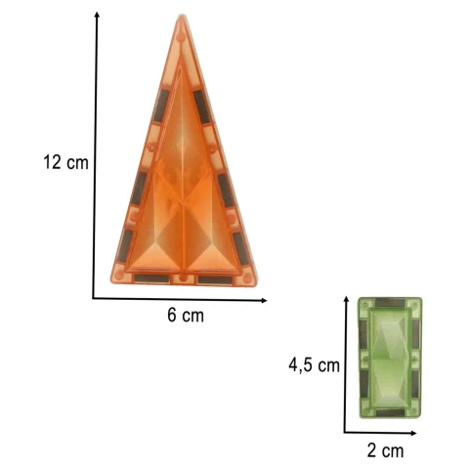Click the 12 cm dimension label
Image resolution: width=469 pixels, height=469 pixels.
65,162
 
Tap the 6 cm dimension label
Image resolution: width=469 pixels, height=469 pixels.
186,315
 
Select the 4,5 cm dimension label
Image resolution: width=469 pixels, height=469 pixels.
314,364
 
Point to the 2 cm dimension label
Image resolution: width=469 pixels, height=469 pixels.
385,450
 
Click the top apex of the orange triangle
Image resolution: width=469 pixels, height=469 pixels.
182,15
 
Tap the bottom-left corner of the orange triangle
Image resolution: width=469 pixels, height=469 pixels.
111,282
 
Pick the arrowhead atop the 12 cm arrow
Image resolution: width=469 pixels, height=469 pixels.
97,14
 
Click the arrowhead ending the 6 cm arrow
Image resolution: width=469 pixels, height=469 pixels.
264,301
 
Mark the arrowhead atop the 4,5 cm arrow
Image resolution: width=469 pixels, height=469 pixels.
347,299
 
